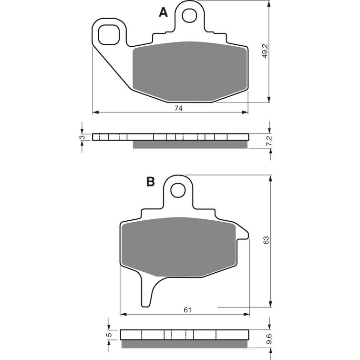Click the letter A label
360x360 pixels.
163,12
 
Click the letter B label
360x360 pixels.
151,182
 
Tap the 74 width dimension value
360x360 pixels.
178,108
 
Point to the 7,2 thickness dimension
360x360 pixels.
269,141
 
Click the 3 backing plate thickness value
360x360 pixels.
82,137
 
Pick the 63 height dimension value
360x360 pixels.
266,240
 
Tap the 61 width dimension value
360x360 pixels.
187,310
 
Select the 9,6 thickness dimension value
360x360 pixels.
269,339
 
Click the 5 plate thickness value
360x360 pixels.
110,335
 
